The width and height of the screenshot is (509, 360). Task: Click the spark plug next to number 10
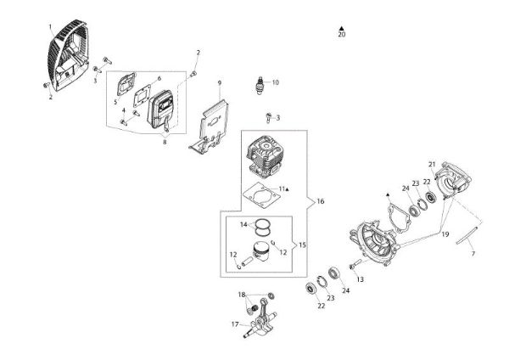261,84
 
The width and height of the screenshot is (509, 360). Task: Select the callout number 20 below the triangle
341,36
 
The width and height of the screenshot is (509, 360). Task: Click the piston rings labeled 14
266,227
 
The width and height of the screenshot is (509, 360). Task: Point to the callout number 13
359,278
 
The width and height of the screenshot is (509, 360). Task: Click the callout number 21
431,163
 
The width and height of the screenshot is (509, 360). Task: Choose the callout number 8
165,142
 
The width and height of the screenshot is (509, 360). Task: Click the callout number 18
242,294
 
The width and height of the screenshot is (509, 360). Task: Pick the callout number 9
219,82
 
